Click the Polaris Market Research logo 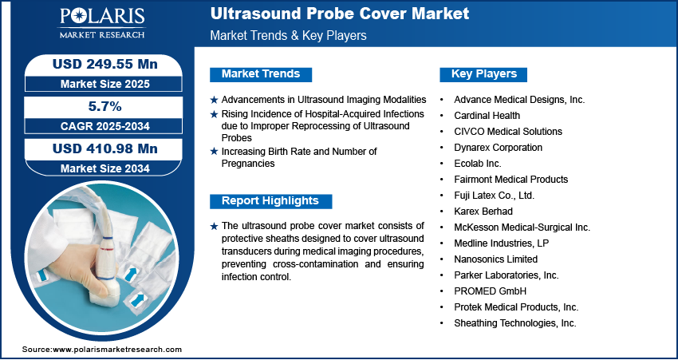[102, 23]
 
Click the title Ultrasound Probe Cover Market [340, 14]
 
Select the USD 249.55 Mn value [105, 65]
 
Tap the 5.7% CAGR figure [105, 106]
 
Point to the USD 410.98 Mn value [105, 148]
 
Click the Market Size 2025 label [105, 84]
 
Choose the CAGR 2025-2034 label [105, 126]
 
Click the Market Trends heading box [261, 74]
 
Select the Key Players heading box [483, 74]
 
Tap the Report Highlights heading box [270, 201]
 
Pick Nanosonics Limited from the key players [495, 259]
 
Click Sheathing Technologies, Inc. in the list [515, 323]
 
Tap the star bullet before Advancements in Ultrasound [214, 100]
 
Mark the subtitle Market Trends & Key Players [288, 35]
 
